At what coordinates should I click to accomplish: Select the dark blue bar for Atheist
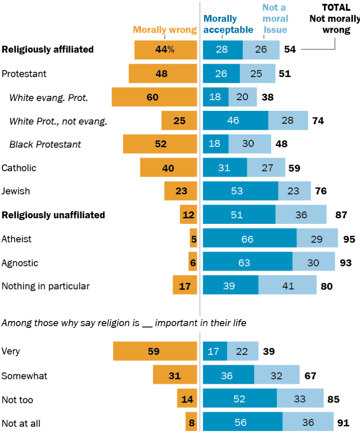(249, 239)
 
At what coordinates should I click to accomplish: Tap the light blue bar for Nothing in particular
(287, 286)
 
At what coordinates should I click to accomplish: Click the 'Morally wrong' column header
(164, 30)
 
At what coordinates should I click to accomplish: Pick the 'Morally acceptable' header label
(228, 24)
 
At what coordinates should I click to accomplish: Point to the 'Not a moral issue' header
(274, 18)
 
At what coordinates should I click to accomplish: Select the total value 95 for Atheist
(349, 239)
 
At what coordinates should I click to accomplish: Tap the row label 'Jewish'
(16, 191)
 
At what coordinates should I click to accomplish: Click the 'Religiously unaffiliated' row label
(53, 215)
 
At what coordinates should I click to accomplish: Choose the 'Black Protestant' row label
(45, 144)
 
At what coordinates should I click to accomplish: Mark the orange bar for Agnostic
(193, 263)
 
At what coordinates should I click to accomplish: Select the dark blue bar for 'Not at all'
(243, 423)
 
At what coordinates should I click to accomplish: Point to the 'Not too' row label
(17, 400)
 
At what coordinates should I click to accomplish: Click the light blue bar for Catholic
(266, 168)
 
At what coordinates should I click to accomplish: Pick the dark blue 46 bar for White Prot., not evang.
(235, 121)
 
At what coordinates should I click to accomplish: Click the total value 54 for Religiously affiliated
(290, 49)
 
